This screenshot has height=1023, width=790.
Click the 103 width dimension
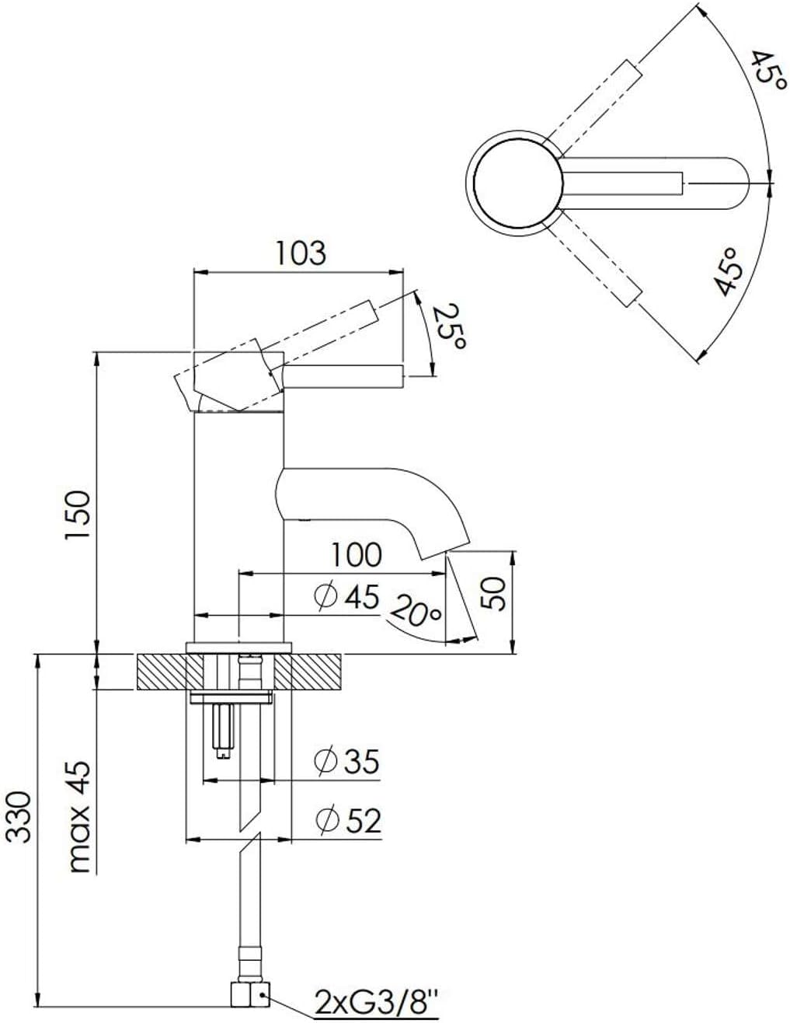click(300, 253)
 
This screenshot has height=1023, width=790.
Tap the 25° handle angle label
click(447, 326)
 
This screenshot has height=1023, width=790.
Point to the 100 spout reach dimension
click(357, 555)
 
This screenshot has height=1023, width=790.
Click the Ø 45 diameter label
click(346, 596)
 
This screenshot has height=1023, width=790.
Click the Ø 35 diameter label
click(346, 761)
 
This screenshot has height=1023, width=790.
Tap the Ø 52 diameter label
click(348, 819)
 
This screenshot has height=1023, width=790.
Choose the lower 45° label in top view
click(729, 272)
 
